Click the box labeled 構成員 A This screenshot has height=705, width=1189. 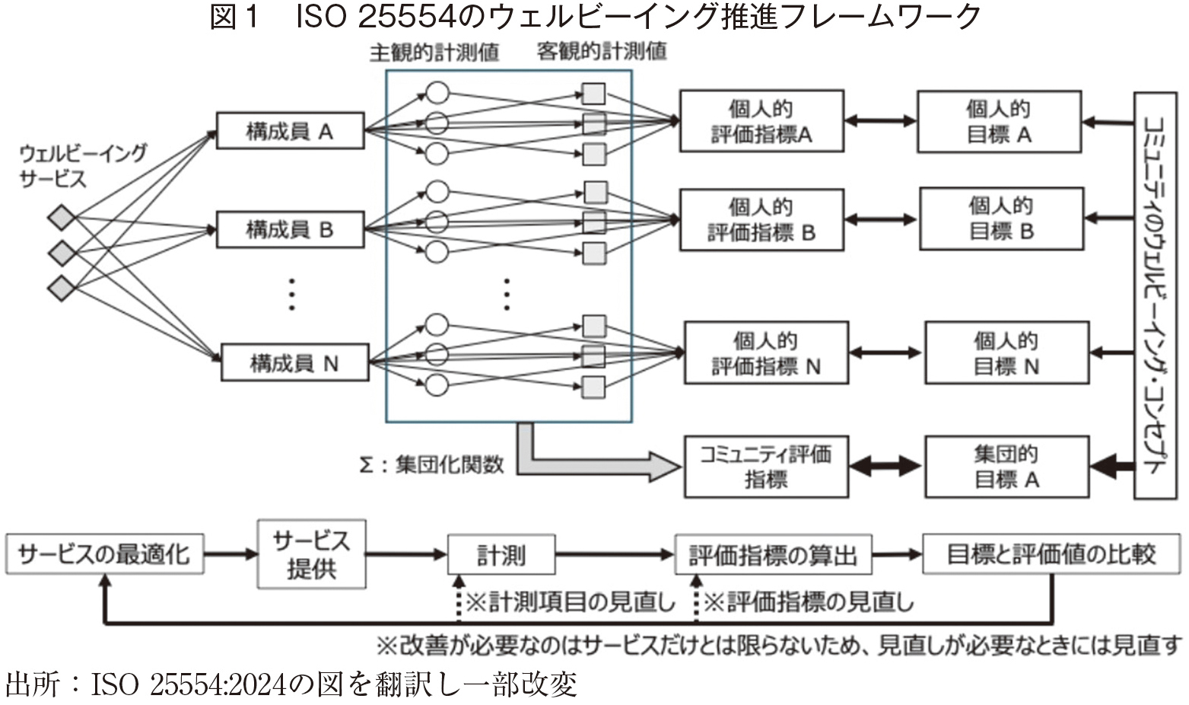click(290, 131)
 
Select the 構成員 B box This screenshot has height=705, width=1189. click(290, 229)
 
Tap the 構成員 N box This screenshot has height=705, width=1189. click(294, 363)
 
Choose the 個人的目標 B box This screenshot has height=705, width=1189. click(1001, 219)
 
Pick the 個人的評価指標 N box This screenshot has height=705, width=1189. click(766, 353)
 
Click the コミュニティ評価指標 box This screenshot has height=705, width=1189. click(766, 467)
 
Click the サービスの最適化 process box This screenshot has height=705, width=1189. click(105, 554)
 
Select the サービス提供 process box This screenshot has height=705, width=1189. click(311, 554)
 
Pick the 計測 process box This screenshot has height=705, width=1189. click(501, 554)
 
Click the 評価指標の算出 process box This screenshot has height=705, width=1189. click(773, 554)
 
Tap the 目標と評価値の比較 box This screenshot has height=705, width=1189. click(1052, 554)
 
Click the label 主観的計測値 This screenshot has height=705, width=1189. click(434, 52)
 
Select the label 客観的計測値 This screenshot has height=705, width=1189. click(602, 52)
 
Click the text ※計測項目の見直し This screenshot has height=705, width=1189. click(570, 603)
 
